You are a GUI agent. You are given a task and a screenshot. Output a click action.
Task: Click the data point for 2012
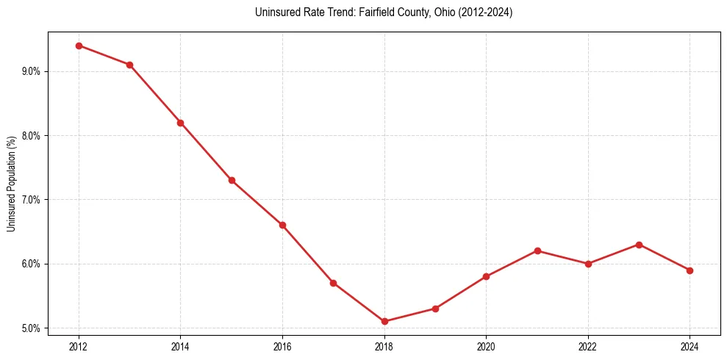(x=79, y=46)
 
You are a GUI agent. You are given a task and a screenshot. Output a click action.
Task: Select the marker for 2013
(x=129, y=65)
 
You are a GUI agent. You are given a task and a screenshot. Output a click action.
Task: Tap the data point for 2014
(x=180, y=123)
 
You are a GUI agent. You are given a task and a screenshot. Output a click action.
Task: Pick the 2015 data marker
(x=232, y=180)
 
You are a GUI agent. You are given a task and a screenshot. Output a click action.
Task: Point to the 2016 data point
(x=282, y=225)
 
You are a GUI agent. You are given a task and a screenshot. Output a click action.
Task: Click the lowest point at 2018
(x=384, y=321)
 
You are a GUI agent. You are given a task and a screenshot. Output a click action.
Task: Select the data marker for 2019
(x=435, y=309)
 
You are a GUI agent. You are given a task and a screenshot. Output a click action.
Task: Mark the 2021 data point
(x=537, y=251)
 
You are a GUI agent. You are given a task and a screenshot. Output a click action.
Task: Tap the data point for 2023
(x=639, y=245)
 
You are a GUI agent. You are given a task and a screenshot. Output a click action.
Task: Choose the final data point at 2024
(x=690, y=270)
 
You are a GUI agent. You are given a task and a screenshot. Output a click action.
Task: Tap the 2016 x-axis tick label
(x=282, y=345)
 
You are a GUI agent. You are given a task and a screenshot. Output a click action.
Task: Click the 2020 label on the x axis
(x=486, y=345)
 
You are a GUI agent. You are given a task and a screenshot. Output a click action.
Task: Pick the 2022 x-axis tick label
(x=588, y=345)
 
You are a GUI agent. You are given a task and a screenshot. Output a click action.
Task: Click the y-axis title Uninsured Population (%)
(x=12, y=184)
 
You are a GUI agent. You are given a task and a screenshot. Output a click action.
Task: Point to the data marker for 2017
(x=333, y=283)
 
